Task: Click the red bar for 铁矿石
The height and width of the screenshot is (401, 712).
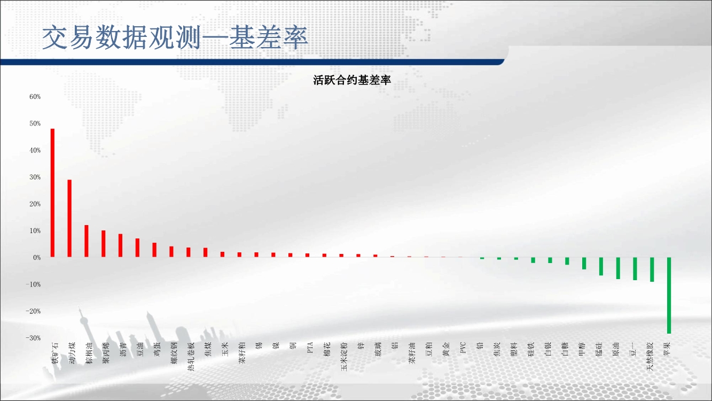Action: pyautogui.click(x=52, y=193)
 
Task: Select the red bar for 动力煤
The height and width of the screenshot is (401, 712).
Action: pyautogui.click(x=69, y=218)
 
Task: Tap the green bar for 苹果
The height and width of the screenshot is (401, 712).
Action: pyautogui.click(x=669, y=295)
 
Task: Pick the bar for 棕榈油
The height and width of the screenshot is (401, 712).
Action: pyautogui.click(x=87, y=241)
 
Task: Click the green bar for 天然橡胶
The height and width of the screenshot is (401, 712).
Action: pyautogui.click(x=652, y=269)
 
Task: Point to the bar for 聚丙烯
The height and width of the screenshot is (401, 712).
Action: pyautogui.click(x=103, y=243)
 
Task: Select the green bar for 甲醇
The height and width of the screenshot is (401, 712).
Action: pyautogui.click(x=584, y=264)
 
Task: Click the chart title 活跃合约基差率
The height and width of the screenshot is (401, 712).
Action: pyautogui.click(x=352, y=80)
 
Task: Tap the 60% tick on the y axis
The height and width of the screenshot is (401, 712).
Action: pyautogui.click(x=35, y=97)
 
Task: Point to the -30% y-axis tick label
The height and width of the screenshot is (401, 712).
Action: pyautogui.click(x=33, y=338)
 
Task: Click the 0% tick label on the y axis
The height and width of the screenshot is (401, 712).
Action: pyautogui.click(x=37, y=258)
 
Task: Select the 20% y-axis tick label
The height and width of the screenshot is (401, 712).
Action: pyautogui.click(x=35, y=204)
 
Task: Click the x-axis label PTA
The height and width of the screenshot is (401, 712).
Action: pyautogui.click(x=310, y=348)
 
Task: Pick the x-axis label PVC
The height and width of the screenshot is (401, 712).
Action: pyautogui.click(x=463, y=348)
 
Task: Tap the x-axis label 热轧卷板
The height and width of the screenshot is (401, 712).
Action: pyautogui.click(x=191, y=357)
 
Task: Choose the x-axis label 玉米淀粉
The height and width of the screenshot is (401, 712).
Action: pyautogui.click(x=344, y=357)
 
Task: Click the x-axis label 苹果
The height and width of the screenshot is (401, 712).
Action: pyautogui.click(x=667, y=350)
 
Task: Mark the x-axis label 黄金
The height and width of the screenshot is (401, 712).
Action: pyautogui.click(x=446, y=350)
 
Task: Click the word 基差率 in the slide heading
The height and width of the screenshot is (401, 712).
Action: pyautogui.click(x=269, y=37)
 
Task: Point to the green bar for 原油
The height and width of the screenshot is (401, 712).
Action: pyautogui.click(x=618, y=268)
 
